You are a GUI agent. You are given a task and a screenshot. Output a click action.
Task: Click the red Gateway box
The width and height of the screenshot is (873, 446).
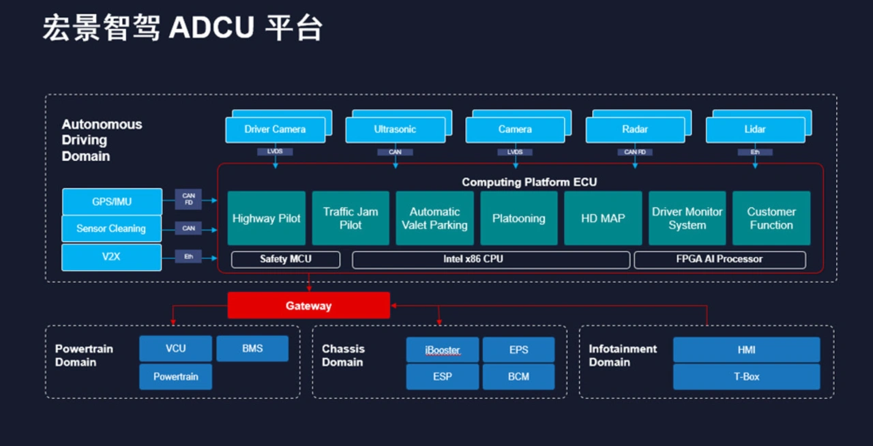click(x=308, y=306)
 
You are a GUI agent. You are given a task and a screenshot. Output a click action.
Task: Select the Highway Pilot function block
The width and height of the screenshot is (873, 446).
click(x=266, y=218)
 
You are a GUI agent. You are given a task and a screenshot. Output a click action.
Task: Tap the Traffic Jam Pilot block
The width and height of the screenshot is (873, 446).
click(x=351, y=218)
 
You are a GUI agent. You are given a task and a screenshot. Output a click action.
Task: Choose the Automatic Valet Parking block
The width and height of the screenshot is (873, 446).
click(x=434, y=218)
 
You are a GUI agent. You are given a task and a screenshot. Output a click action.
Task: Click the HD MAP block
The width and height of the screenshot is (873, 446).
click(x=603, y=218)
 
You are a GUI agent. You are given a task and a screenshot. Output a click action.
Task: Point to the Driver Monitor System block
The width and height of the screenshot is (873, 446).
click(x=687, y=218)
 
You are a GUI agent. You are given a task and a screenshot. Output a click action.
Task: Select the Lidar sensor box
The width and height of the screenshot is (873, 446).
click(x=754, y=130)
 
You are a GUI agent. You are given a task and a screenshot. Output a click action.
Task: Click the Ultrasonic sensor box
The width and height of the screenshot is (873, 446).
click(x=394, y=130)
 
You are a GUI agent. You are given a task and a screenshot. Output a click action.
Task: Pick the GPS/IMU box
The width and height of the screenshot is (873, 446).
click(x=112, y=202)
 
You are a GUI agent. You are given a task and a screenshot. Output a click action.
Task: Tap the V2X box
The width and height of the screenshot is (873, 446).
click(x=112, y=257)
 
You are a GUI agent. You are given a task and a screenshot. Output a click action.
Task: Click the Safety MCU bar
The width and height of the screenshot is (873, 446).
click(x=285, y=259)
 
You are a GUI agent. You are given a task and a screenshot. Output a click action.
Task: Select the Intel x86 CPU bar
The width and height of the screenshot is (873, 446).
click(x=490, y=259)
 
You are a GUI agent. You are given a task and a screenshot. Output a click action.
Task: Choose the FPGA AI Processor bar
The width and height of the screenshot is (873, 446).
click(x=719, y=259)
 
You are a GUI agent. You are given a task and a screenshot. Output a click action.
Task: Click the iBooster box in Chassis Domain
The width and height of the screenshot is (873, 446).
click(x=442, y=350)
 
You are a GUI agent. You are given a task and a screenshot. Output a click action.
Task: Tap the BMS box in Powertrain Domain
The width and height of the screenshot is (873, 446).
click(x=252, y=348)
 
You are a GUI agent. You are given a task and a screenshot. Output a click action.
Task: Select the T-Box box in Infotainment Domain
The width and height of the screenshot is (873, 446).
click(x=746, y=376)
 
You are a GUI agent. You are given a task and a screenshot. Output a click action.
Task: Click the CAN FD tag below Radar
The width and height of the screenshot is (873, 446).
click(x=635, y=152)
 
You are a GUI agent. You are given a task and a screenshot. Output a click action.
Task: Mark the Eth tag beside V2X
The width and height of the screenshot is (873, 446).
click(x=189, y=257)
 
